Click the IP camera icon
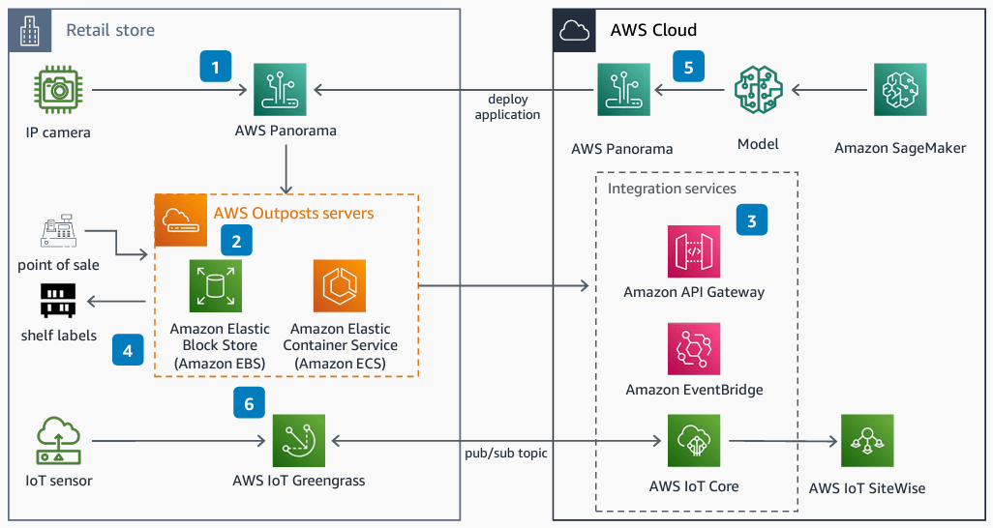[x=59, y=90]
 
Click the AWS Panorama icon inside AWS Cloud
[x=623, y=90]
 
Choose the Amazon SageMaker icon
[x=899, y=90]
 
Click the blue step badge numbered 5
[x=688, y=67]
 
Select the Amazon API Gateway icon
[x=694, y=251]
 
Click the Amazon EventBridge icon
[x=694, y=349]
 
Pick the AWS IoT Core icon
[x=694, y=441]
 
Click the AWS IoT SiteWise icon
[x=866, y=441]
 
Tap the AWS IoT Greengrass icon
[x=299, y=441]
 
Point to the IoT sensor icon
[x=59, y=441]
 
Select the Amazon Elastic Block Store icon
[x=216, y=286]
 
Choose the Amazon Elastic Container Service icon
[x=339, y=286]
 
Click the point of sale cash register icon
[x=58, y=233]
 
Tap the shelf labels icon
[x=58, y=302]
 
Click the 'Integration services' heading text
[x=672, y=189]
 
